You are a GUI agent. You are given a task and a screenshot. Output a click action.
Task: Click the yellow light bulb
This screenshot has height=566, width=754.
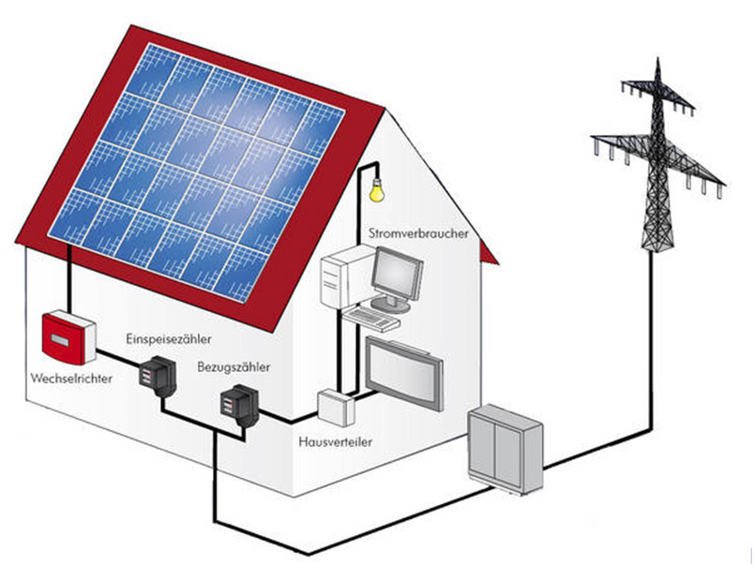tap(376, 190)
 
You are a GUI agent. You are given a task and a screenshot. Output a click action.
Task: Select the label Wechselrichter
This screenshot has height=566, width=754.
tap(72, 380)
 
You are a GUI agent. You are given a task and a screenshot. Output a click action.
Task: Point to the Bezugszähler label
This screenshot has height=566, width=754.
tap(234, 368)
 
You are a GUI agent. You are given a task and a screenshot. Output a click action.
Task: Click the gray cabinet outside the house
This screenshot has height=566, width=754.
tap(506, 449)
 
